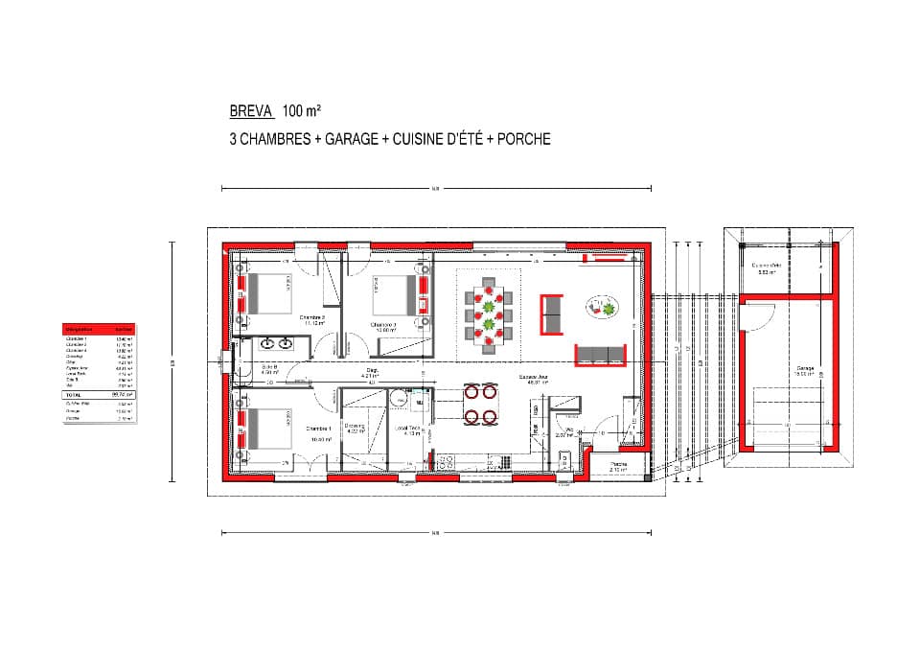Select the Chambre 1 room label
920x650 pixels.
(x=318, y=429)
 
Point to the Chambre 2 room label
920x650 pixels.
(x=383, y=325)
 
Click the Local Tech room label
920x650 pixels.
(x=406, y=429)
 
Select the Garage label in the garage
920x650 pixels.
(x=804, y=368)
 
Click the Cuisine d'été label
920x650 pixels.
(x=766, y=267)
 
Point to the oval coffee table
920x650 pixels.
(x=602, y=307)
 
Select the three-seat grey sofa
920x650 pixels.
(x=603, y=355)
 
